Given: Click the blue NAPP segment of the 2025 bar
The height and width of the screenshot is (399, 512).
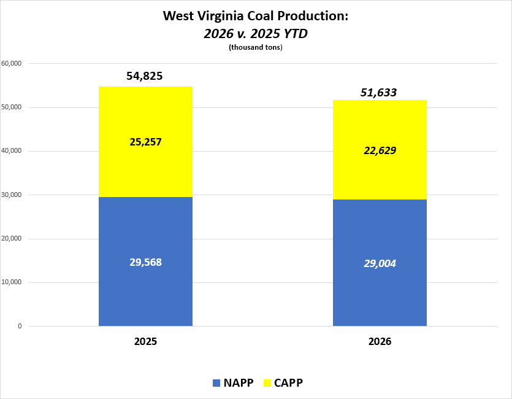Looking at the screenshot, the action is (146, 261).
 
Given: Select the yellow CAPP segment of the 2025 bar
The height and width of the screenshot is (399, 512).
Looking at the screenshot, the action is (146, 142).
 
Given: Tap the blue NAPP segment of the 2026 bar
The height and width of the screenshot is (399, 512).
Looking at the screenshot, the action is (380, 263).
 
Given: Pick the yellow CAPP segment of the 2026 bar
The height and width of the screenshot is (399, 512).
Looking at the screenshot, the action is (380, 150).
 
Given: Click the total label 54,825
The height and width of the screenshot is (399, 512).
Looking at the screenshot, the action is (144, 76).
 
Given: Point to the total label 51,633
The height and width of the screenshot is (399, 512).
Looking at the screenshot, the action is (378, 93).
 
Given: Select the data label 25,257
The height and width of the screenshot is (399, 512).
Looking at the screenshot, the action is (146, 142).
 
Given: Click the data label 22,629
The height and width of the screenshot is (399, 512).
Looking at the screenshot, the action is (380, 150).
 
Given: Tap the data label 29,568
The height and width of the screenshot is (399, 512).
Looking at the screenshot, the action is (146, 262).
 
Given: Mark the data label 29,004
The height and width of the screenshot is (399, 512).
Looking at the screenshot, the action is (380, 263).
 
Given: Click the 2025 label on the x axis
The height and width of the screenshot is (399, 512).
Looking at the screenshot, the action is (146, 341).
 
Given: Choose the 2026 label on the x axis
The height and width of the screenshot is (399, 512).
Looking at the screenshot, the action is (380, 341).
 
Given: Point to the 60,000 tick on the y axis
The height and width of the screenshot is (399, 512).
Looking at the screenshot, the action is (12, 63).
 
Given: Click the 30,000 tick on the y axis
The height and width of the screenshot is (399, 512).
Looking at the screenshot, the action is (12, 195).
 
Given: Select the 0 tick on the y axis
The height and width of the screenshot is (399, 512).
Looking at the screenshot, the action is (20, 326).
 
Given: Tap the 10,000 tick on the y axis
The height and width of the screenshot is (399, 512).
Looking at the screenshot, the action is (12, 282).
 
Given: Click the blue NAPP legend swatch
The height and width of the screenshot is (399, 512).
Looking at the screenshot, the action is (216, 383).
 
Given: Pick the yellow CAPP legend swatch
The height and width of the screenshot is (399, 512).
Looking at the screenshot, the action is (267, 383).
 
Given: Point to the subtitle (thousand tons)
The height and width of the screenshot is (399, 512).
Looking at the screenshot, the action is (256, 47).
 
